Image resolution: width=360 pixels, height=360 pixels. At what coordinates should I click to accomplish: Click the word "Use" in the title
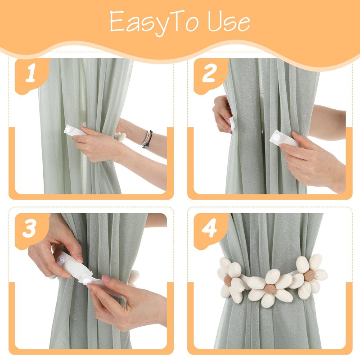tap(229, 22)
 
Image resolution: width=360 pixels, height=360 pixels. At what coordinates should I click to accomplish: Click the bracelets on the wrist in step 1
tap(147, 139)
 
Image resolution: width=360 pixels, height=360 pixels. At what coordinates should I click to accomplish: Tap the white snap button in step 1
tap(68, 130)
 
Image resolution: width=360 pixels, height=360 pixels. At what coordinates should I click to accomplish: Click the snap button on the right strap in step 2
tap(277, 138)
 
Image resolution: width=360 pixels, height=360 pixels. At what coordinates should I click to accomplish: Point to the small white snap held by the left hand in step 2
tap(232, 125)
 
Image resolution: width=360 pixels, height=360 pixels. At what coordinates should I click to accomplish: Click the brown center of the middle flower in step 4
tap(270, 289)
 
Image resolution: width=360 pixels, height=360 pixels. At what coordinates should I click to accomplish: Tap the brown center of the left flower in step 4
tap(228, 280)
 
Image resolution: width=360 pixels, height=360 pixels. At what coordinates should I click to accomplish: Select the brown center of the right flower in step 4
tap(309, 275)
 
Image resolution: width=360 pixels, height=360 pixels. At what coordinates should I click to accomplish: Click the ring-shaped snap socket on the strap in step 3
tap(62, 260)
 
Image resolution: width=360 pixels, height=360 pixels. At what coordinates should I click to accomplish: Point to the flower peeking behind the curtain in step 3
tap(133, 278)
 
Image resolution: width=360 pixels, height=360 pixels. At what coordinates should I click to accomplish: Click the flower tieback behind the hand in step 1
tap(120, 137)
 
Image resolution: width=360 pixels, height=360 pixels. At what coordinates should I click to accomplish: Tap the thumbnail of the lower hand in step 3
tap(106, 279)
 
